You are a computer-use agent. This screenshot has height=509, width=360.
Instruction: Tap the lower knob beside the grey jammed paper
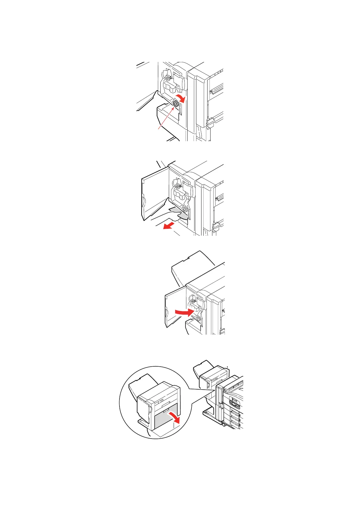[x=185, y=209]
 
